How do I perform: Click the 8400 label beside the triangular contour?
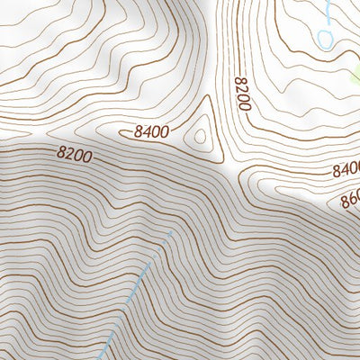(x=151, y=132)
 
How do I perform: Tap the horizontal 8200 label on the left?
(x=75, y=156)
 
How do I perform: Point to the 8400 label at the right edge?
(x=346, y=169)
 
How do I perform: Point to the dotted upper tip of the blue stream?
(x=169, y=236)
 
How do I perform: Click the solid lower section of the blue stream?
(x=117, y=324)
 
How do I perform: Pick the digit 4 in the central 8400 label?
(x=147, y=132)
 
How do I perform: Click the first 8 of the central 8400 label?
(x=139, y=132)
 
